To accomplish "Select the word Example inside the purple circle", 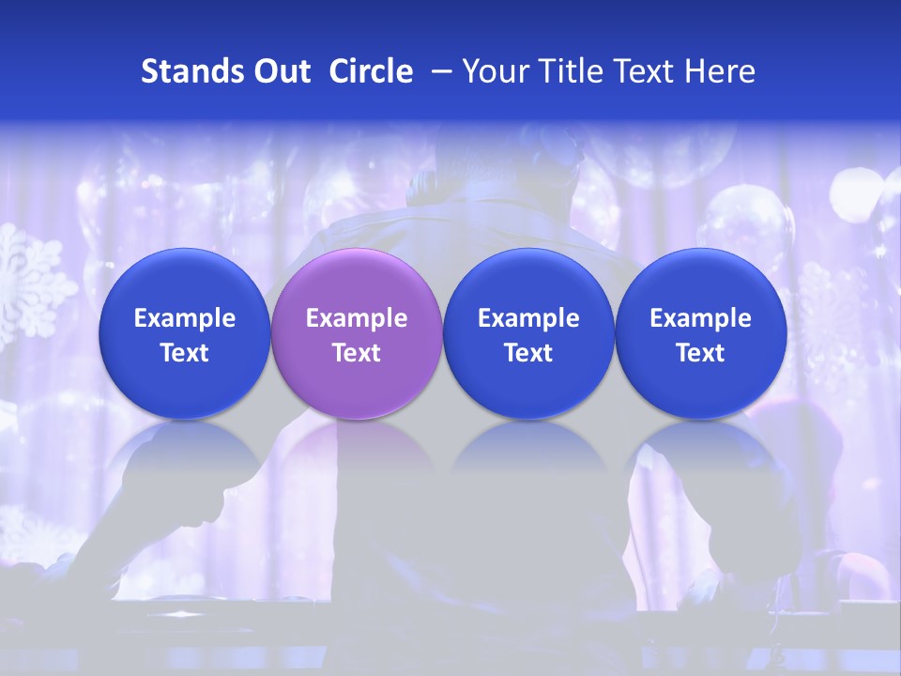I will [357, 318].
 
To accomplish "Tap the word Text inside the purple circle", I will [357, 353].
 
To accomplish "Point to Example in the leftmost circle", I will [185, 318].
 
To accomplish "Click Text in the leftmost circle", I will [185, 353].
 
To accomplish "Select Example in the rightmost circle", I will [700, 318].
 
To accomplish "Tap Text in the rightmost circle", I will [700, 353].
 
